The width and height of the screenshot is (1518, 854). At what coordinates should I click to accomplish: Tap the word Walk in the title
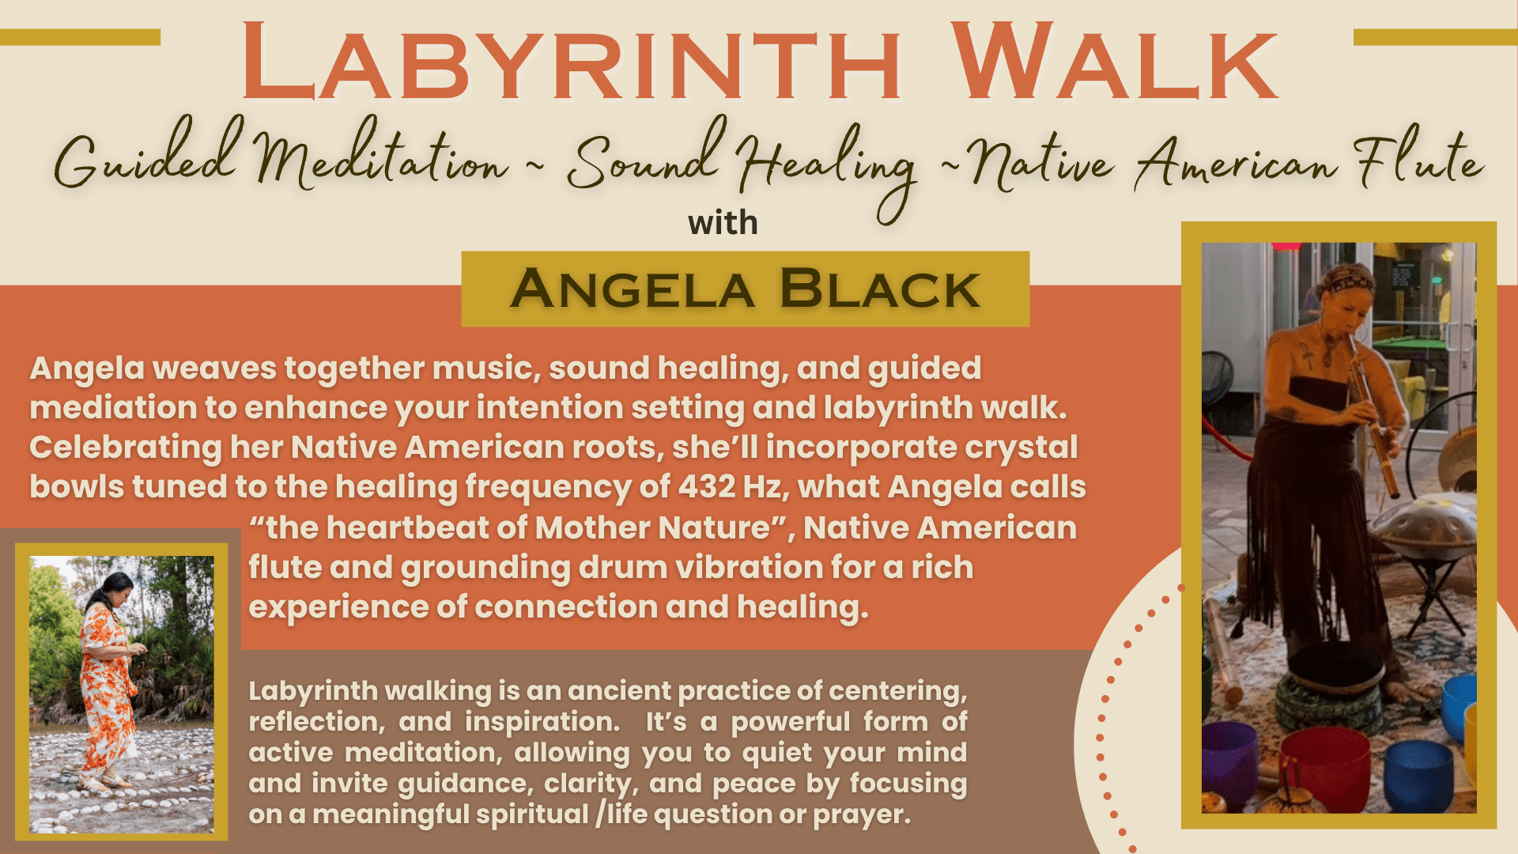point(1114,62)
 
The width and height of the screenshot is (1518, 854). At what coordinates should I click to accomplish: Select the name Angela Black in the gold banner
point(745,289)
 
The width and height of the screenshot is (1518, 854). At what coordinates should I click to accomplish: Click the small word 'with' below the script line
point(723,223)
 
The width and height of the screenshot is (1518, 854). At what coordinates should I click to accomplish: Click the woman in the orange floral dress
point(111,680)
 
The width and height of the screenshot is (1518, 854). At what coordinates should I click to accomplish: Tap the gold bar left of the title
point(80,37)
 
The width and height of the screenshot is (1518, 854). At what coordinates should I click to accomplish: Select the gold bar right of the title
point(1436,37)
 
